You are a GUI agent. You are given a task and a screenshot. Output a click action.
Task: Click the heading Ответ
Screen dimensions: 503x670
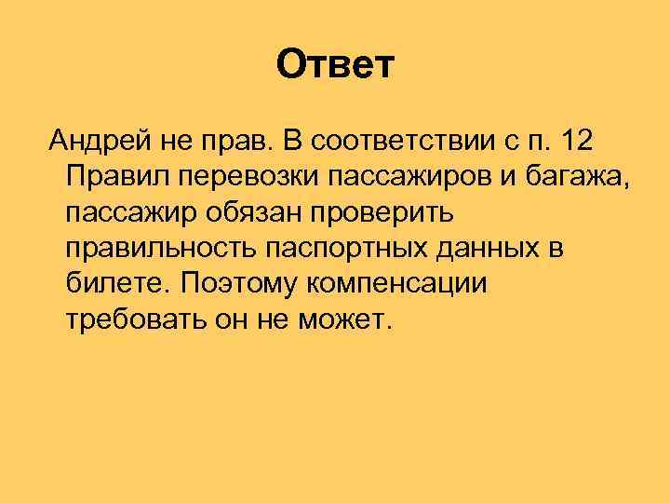tap(336, 65)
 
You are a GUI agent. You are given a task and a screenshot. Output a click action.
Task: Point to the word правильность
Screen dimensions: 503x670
tap(160, 249)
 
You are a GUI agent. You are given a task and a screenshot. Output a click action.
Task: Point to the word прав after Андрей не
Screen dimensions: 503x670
tap(234, 141)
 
